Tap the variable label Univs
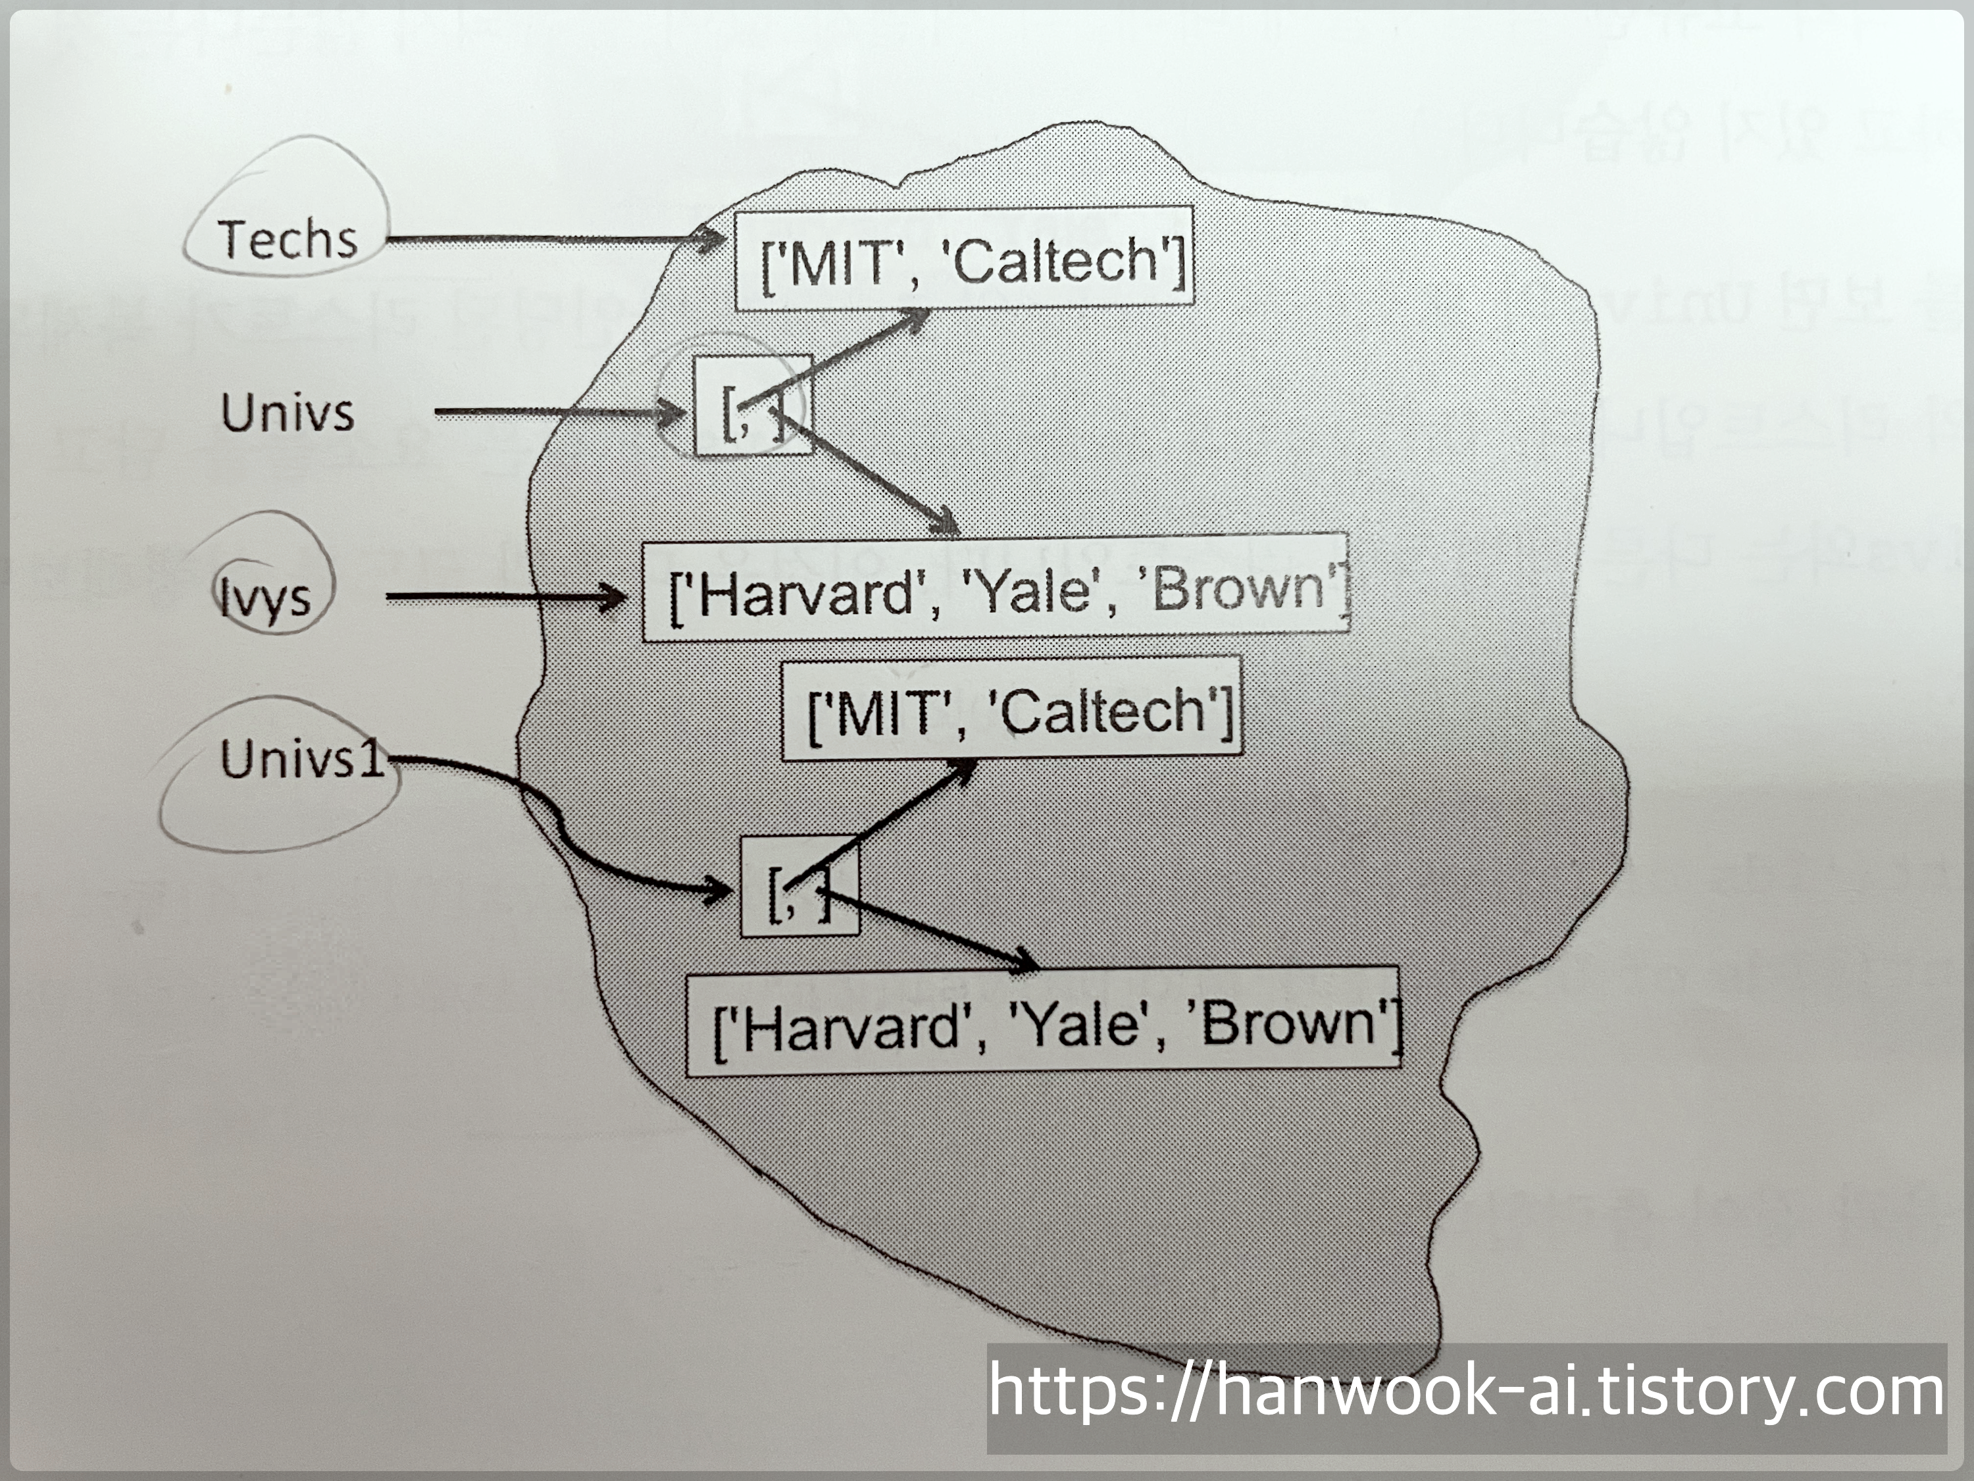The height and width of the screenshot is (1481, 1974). click(x=288, y=413)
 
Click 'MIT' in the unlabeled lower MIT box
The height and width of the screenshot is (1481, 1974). click(x=884, y=714)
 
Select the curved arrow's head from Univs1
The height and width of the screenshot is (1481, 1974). click(x=719, y=889)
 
